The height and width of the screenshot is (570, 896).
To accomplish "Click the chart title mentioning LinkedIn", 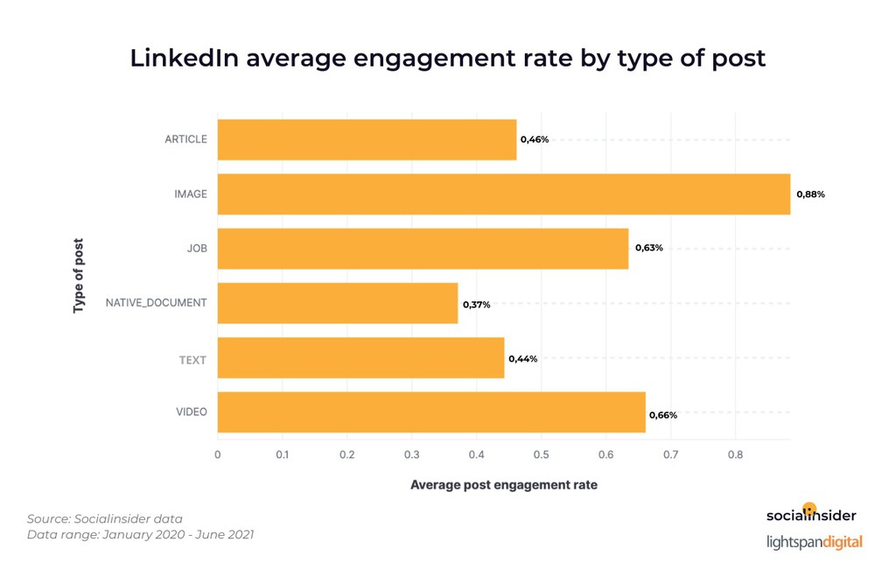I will tap(447, 58).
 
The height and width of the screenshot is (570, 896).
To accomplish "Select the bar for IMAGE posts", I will tap(503, 194).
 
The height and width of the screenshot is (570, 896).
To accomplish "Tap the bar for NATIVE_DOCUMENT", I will tap(337, 303).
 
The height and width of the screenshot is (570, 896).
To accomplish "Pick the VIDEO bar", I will tap(430, 412).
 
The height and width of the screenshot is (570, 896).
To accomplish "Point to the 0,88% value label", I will tap(809, 194).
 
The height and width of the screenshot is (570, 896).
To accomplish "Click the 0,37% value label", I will tap(476, 305).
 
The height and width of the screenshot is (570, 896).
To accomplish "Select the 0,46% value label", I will tap(535, 139).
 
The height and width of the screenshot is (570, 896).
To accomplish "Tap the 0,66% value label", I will tap(662, 414).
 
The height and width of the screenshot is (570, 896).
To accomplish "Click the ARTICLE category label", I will tap(185, 139).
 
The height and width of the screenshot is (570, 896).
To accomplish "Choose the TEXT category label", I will tap(192, 358).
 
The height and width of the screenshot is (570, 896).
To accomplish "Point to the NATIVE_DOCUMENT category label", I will tap(156, 303).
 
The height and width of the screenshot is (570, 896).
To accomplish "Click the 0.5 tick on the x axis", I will tap(541, 454).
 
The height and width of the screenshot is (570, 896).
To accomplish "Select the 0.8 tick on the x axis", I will tap(735, 454).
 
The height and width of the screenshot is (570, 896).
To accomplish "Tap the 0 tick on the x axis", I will tap(218, 454).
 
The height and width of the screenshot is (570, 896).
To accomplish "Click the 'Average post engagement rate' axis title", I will tap(503, 484).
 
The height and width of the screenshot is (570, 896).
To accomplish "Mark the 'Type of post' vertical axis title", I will tap(79, 276).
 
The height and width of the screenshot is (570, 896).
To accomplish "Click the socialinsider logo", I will tap(811, 515).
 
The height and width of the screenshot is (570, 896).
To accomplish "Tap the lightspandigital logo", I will tap(814, 542).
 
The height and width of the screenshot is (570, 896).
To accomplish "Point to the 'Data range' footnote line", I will tap(140, 534).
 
